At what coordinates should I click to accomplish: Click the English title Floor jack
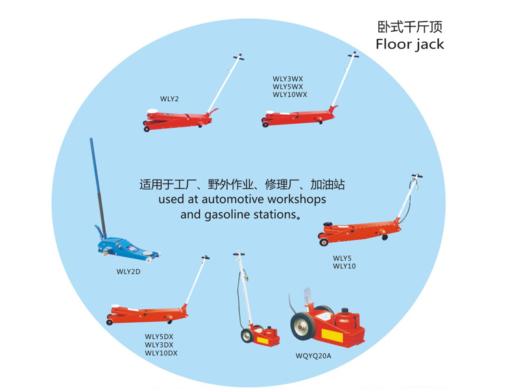410,44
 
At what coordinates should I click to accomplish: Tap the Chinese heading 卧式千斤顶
410,27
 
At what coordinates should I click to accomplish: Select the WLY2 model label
169,99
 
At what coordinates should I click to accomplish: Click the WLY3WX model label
287,79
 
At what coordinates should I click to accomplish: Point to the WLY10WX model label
290,95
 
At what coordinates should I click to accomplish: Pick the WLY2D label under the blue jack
128,272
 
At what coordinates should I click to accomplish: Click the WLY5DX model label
159,336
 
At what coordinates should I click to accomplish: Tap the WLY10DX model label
161,353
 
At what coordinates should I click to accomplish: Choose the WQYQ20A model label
313,356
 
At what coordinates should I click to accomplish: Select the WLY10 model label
344,266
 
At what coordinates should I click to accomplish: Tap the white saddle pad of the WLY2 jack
152,111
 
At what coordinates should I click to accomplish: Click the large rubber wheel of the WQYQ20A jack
303,326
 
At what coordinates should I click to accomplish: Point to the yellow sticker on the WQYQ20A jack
332,335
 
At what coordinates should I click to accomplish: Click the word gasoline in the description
227,215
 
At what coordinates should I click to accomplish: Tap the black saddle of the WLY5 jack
328,224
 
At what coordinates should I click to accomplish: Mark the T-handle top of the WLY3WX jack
353,54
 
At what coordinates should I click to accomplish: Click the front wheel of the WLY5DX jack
110,322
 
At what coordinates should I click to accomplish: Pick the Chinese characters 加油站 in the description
328,185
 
